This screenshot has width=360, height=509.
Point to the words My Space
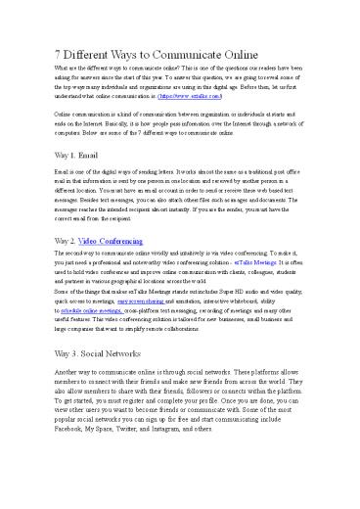coord(116,457)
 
